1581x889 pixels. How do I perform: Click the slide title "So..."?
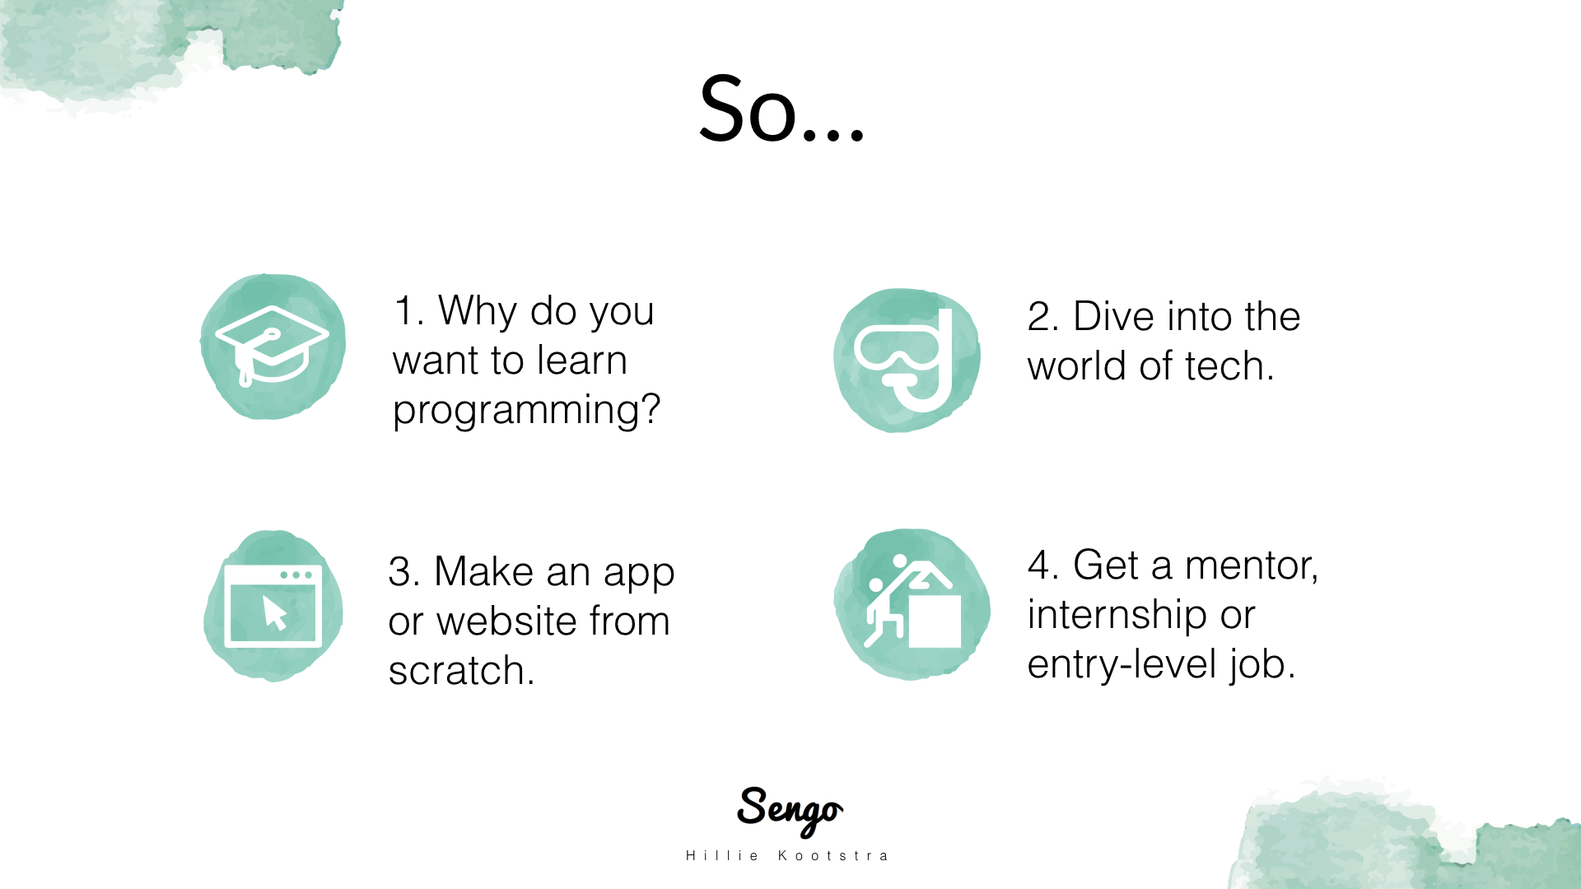click(x=781, y=109)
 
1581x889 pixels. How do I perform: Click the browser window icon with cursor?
click(x=273, y=606)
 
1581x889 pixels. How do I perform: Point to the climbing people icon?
click(x=912, y=602)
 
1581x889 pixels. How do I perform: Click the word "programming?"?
click(x=527, y=410)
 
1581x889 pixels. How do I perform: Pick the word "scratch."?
click(x=461, y=670)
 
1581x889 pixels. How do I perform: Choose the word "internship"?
click(x=1117, y=616)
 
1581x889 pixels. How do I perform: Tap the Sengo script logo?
click(x=790, y=810)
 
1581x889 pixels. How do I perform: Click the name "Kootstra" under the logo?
click(x=833, y=856)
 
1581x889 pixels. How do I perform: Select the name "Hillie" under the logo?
click(x=722, y=856)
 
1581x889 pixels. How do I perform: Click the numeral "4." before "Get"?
click(x=1042, y=566)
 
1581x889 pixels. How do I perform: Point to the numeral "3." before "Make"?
click(x=403, y=572)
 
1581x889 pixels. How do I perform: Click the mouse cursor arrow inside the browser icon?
click(x=274, y=612)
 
